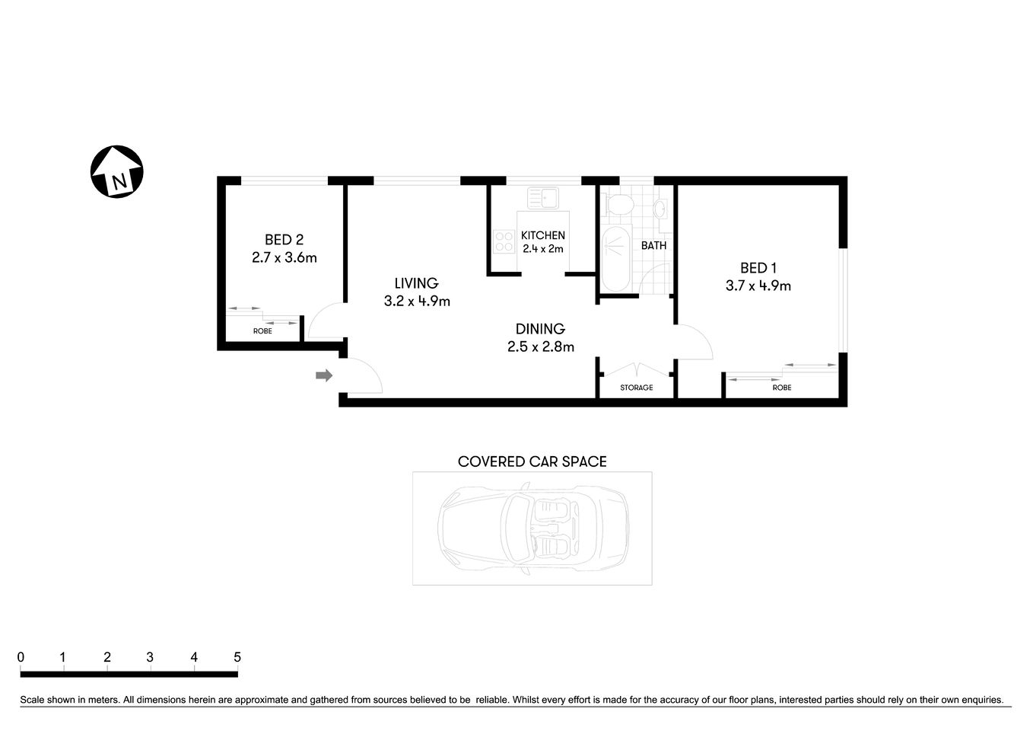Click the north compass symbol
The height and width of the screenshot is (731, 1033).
[117, 171]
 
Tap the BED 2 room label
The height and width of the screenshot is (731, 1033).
[284, 240]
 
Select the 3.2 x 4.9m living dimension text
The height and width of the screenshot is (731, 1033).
[417, 301]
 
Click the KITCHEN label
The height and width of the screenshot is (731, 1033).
[542, 235]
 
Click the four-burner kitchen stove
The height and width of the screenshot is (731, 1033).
[503, 241]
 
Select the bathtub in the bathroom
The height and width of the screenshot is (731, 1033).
[615, 258]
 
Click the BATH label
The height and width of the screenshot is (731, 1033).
[653, 245]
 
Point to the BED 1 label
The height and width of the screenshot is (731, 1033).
[758, 268]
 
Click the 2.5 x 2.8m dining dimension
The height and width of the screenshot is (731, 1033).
[540, 346]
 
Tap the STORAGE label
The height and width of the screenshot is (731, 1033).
[636, 388]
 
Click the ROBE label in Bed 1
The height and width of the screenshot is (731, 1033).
[781, 388]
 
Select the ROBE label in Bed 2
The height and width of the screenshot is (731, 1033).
[262, 331]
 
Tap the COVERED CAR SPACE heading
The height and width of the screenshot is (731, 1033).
[532, 461]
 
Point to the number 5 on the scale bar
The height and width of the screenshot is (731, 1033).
[237, 657]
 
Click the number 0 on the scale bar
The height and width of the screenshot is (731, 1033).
[21, 657]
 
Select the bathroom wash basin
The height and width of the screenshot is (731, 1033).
[660, 209]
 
